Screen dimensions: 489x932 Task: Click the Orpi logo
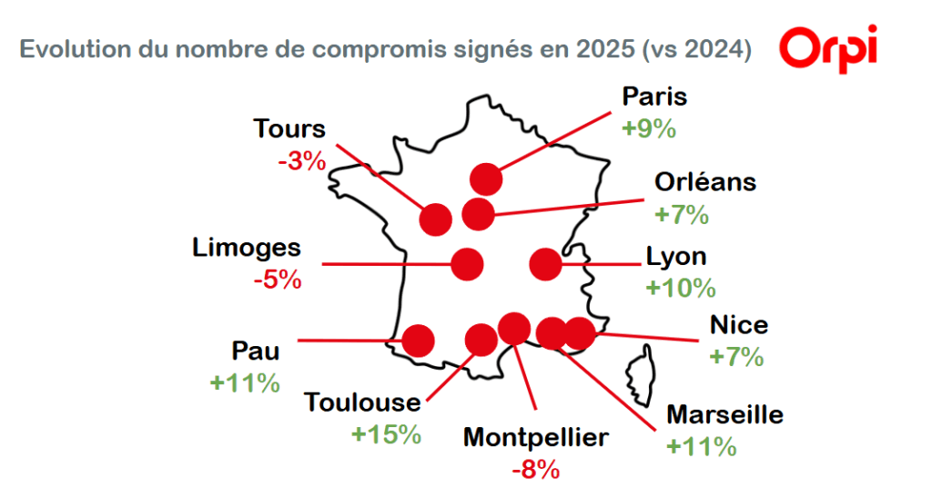click(x=828, y=46)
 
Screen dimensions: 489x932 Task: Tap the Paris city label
click(x=653, y=97)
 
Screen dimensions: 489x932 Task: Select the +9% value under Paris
click(x=648, y=127)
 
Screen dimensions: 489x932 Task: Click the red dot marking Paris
click(x=486, y=179)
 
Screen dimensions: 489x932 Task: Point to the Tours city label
click(x=289, y=129)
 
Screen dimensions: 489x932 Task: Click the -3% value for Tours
click(x=301, y=161)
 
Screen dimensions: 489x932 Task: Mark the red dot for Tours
click(x=436, y=219)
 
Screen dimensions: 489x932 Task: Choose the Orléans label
click(x=705, y=181)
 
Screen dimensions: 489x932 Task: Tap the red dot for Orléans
click(x=478, y=215)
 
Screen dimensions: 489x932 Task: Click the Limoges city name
click(x=247, y=247)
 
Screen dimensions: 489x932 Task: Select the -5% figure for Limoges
click(x=277, y=279)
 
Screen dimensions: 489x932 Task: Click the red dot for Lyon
click(x=545, y=263)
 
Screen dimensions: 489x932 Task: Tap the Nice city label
click(x=738, y=324)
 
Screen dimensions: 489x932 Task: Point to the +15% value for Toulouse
click(x=386, y=433)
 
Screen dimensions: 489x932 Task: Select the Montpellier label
click(x=535, y=438)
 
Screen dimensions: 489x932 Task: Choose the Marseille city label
click(x=724, y=415)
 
